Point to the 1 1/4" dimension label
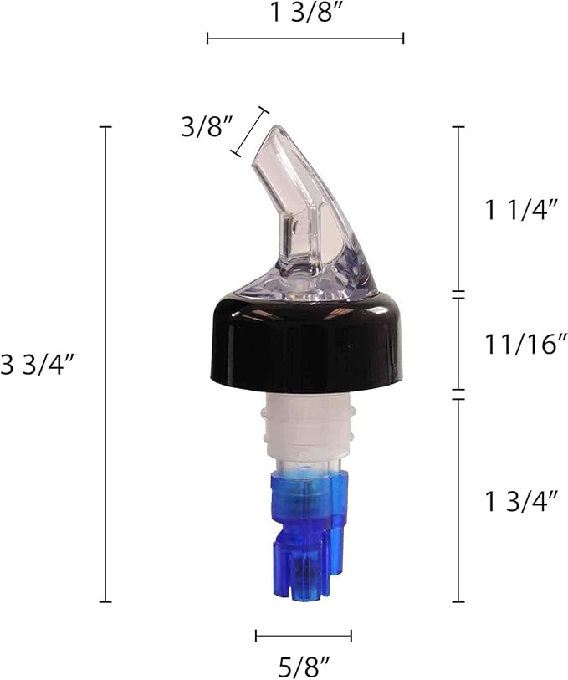click(521, 210)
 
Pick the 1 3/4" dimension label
click(521, 501)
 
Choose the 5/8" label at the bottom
click(304, 667)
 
